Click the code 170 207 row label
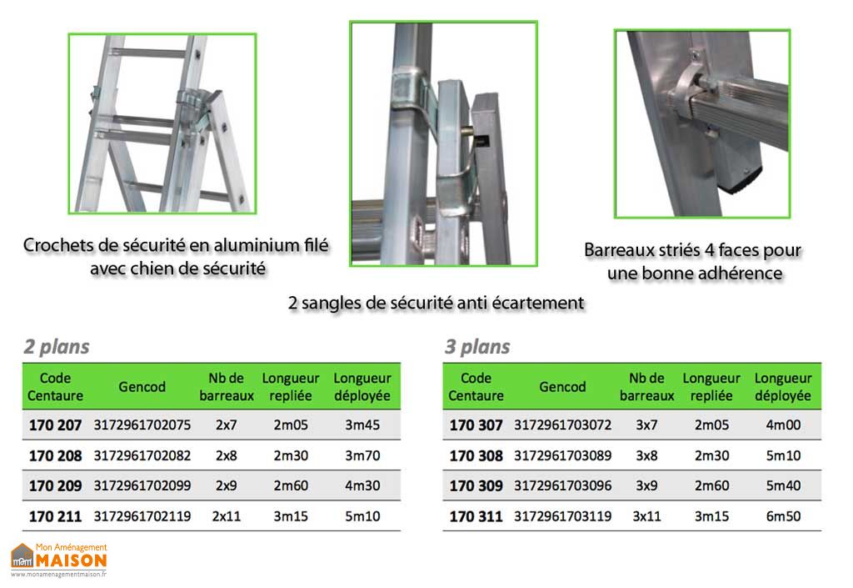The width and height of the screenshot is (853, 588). pos(56,425)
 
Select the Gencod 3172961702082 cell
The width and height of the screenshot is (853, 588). pos(142,455)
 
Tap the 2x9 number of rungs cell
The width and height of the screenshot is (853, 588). pos(226,485)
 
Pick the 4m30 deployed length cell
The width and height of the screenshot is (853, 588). pos(362,485)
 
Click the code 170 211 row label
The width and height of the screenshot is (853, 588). pos(56,516)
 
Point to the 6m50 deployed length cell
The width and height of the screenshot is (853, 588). pos(783,516)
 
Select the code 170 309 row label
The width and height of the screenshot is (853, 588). pos(476,485)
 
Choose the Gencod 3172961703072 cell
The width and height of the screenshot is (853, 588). pos(563,425)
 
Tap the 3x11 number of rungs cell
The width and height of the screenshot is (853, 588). pos(646,516)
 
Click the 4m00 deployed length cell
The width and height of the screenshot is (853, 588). pos(783,425)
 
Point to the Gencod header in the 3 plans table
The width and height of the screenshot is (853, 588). pos(563,387)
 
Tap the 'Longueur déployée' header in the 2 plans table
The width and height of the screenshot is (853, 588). pos(362,387)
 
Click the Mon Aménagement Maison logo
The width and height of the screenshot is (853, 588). pos(58,560)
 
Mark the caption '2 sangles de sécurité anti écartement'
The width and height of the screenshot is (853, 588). pos(436,303)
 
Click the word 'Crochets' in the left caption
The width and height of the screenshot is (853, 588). pos(57,245)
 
